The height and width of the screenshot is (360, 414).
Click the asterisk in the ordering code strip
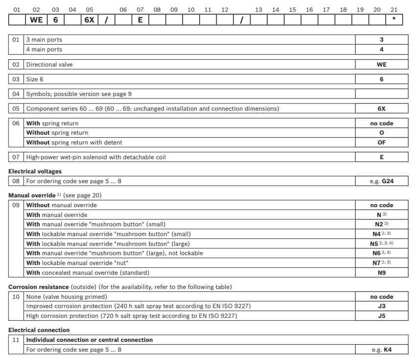pos(394,20)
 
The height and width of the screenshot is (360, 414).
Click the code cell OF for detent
pos(382,142)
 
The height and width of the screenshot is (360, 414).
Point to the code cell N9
pos(382,271)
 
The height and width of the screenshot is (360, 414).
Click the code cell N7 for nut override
pos(382,263)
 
